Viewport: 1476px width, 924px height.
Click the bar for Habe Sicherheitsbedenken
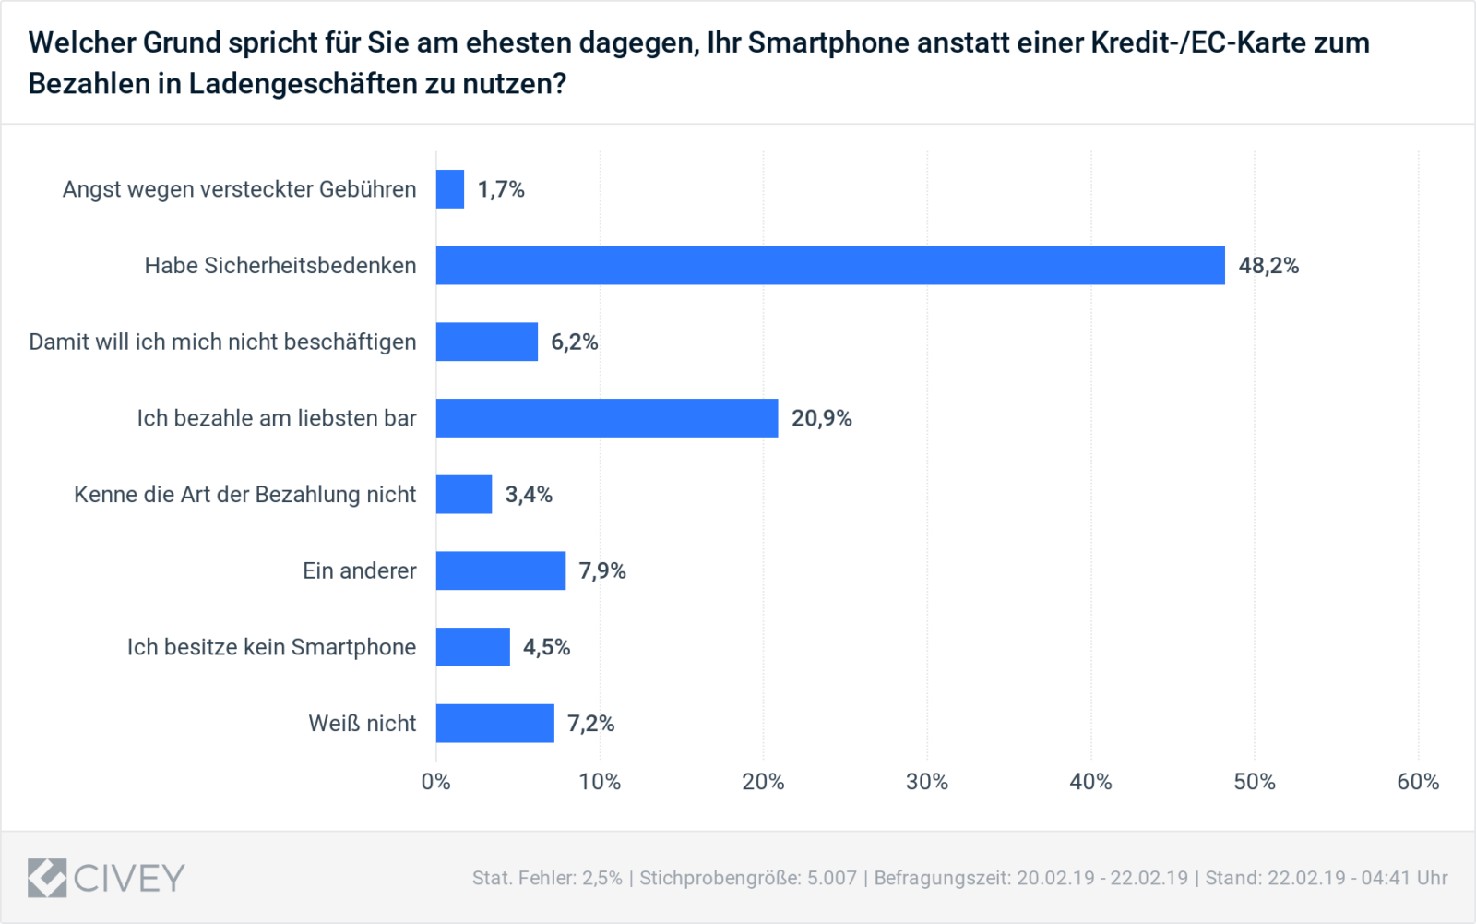click(x=830, y=265)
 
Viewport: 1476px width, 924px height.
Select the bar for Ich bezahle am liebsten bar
click(x=607, y=417)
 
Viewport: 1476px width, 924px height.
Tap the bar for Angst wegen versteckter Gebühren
click(x=450, y=189)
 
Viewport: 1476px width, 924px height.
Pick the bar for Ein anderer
click(x=501, y=570)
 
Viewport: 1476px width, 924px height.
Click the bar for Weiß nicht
click(x=495, y=723)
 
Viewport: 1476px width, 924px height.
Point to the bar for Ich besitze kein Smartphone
click(x=473, y=646)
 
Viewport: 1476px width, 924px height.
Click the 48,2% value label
click(x=1268, y=266)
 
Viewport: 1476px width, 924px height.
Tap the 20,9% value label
click(x=821, y=418)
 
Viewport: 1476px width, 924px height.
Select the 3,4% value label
click(x=529, y=495)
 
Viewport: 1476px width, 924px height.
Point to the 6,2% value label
click(x=575, y=342)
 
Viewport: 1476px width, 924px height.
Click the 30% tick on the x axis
click(x=927, y=782)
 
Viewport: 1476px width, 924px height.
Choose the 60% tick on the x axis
click(x=1418, y=782)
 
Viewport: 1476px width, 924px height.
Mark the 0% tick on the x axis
click(x=435, y=782)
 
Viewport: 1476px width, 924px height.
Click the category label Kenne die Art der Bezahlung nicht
click(x=244, y=495)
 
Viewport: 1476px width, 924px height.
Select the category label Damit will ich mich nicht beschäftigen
click(x=222, y=342)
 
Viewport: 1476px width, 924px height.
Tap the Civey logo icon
click(x=47, y=878)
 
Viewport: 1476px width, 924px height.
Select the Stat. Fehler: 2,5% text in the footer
click(x=547, y=878)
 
